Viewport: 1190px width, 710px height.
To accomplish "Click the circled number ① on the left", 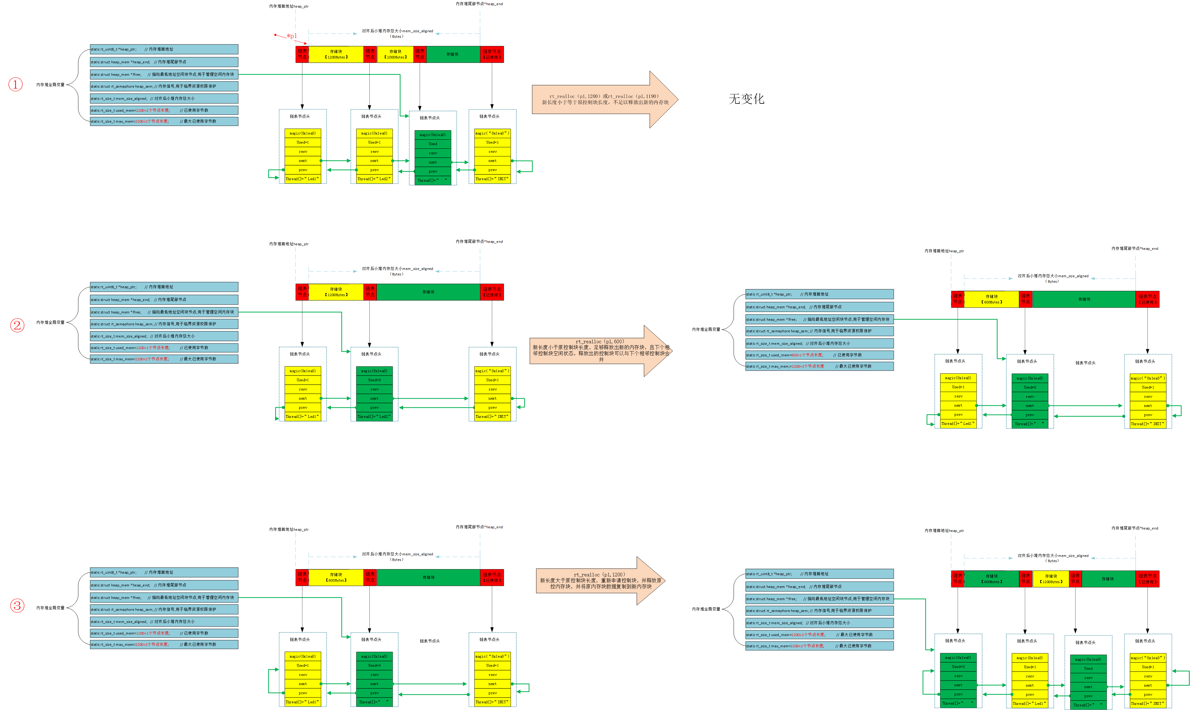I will [15, 85].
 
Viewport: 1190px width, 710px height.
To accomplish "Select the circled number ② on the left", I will [17, 325].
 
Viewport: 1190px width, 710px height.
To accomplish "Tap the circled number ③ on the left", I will [17, 606].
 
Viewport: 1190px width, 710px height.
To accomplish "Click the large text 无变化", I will [746, 99].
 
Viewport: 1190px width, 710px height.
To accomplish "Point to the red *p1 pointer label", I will [291, 36].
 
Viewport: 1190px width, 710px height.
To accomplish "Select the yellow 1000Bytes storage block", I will [395, 54].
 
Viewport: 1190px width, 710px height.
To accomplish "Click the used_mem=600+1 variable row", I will [819, 355].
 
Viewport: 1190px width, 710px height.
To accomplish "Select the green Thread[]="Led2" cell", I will [374, 417].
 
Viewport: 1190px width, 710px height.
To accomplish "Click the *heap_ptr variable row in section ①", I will [164, 49].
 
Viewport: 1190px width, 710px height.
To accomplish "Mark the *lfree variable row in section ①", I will [164, 75].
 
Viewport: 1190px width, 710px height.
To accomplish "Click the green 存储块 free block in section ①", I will [452, 54].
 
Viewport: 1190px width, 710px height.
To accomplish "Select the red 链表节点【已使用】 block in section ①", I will [492, 54].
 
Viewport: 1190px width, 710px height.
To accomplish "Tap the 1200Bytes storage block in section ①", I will [336, 54].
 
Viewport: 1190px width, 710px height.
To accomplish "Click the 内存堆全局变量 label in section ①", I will [50, 85].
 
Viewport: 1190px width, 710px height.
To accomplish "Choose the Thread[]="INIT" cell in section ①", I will [492, 179].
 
